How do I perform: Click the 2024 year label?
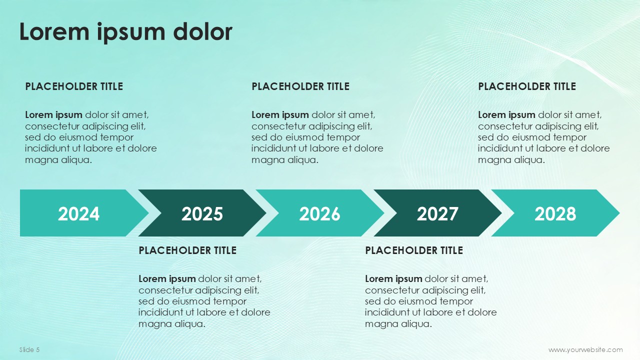pos(78,213)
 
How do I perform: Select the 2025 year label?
pos(202,213)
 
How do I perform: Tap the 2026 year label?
pos(319,213)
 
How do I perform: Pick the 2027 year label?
pos(437,213)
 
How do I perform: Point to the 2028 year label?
pos(555,213)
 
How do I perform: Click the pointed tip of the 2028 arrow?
pos(619,213)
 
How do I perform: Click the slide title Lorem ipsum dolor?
pos(125,32)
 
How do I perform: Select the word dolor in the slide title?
pos(202,31)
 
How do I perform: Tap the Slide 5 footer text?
pos(29,349)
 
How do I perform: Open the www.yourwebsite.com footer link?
pos(585,350)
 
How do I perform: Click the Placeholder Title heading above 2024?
pos(74,86)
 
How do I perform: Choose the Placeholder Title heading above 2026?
pos(300,86)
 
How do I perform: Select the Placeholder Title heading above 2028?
pos(527,86)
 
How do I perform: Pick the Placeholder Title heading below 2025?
pos(187,250)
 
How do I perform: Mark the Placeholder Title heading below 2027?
pos(414,250)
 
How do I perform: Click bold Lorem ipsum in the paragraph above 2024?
pos(53,115)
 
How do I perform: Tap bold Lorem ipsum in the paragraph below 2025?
pos(167,279)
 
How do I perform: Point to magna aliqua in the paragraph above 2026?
pos(285,160)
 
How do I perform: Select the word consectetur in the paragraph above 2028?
pos(505,126)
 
